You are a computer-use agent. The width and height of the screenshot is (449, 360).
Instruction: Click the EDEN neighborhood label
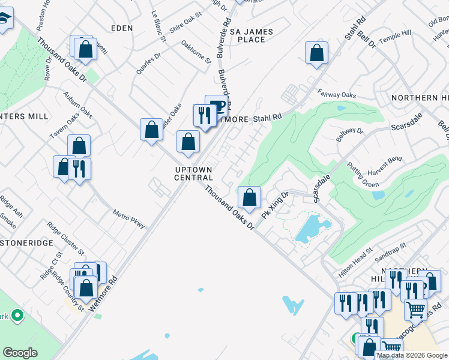click(121, 28)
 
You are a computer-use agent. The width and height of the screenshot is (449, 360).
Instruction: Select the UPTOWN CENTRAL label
click(193, 173)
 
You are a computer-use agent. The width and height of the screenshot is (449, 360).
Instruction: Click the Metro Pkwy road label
click(128, 218)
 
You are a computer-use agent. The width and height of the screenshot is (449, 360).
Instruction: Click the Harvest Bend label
click(387, 160)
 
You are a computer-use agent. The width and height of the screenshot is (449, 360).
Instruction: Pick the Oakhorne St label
click(196, 52)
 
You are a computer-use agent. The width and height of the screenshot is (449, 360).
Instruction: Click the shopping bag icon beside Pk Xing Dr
click(249, 196)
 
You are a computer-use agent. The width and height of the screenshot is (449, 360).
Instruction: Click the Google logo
click(20, 353)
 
